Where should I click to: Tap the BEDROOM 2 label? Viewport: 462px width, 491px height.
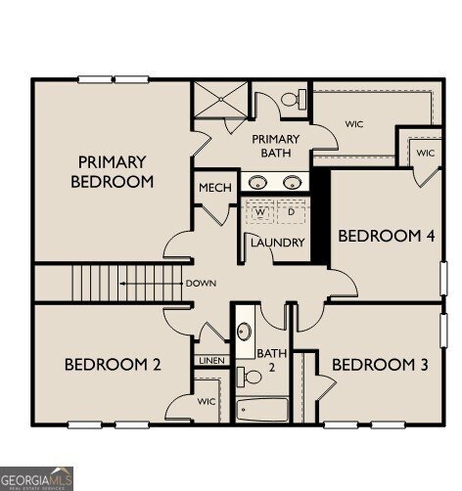point(113,365)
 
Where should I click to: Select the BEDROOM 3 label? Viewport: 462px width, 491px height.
point(380,365)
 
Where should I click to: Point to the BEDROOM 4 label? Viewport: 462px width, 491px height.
point(385,236)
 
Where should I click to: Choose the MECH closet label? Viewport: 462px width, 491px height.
point(213,188)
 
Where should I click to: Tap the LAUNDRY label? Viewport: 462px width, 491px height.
point(278,243)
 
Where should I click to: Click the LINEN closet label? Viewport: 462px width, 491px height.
point(211,361)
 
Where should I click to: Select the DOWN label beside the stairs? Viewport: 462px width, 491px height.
point(200,284)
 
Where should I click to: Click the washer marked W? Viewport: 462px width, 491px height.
point(261,211)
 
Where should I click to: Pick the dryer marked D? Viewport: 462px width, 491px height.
point(291,211)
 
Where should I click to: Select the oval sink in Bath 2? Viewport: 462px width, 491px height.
point(244,330)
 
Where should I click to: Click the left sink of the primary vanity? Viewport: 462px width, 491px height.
point(258,182)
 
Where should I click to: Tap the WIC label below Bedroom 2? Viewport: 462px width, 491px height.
point(207,401)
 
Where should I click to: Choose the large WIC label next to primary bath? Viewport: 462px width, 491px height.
point(354,124)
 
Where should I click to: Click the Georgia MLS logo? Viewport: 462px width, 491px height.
point(36,478)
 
